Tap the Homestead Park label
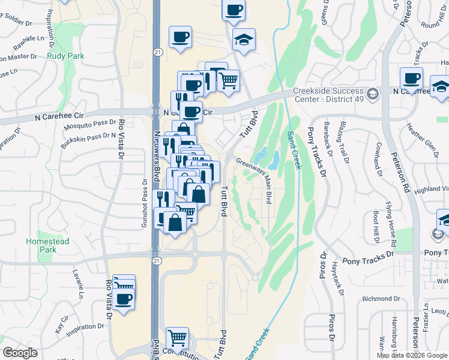pos(47,245)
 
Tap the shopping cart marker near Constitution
pos(178,338)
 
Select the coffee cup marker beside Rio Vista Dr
pos(124,299)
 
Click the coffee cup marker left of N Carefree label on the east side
pos(412,78)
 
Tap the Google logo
pos(20,353)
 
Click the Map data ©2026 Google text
pos(411,355)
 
